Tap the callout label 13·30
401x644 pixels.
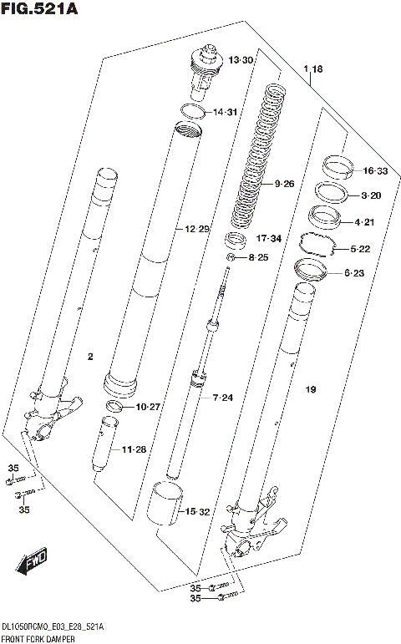[x=243, y=59]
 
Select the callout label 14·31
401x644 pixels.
[x=226, y=113]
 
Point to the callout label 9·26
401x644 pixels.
[x=284, y=184]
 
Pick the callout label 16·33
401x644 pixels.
[x=376, y=171]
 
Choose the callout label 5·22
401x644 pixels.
[x=365, y=249]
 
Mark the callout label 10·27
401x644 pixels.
[x=146, y=407]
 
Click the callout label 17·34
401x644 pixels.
[x=270, y=239]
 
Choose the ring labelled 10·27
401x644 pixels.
[x=116, y=406]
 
